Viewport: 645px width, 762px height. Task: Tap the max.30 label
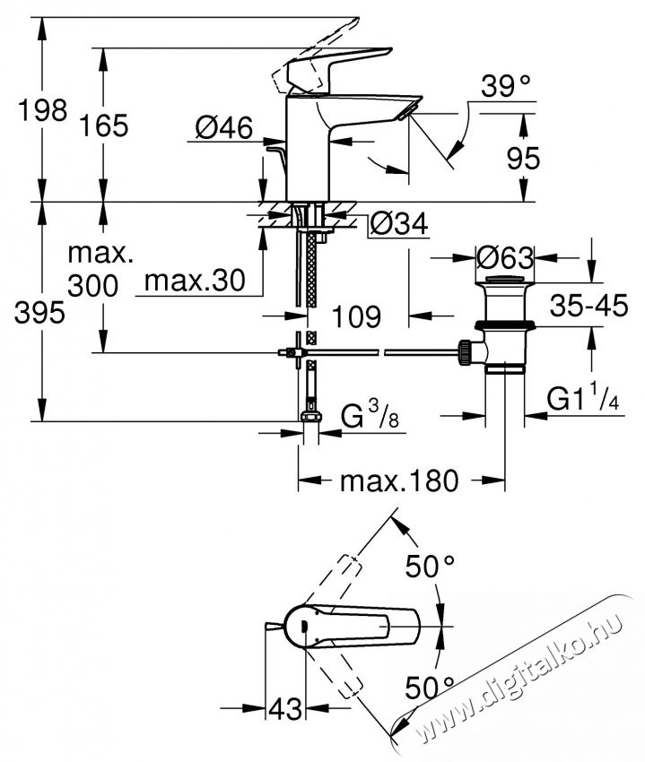(x=195, y=281)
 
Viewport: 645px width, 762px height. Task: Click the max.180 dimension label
(x=398, y=481)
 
